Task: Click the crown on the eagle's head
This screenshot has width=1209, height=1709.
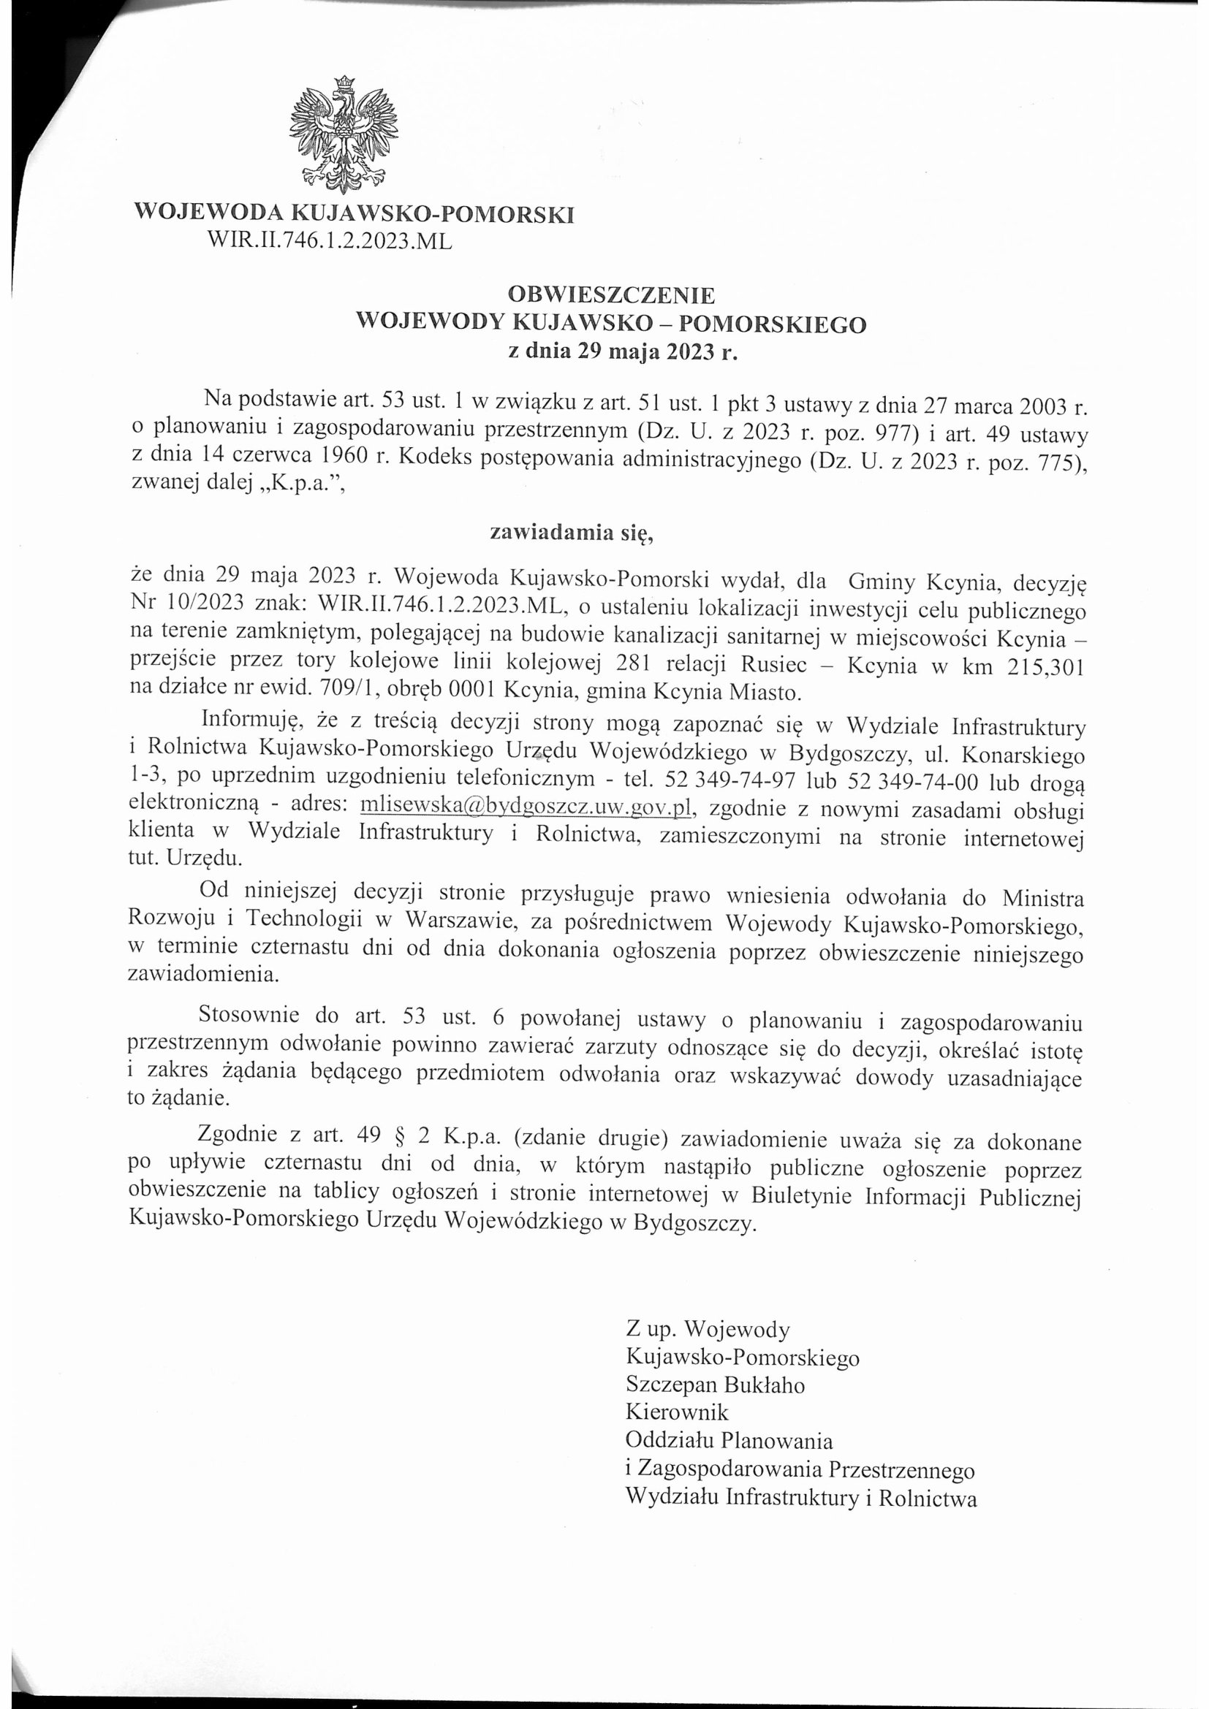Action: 344,83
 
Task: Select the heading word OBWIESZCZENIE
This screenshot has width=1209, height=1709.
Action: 610,295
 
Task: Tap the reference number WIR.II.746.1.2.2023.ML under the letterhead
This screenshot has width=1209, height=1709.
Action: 330,241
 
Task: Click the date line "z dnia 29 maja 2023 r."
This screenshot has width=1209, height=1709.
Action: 610,351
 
